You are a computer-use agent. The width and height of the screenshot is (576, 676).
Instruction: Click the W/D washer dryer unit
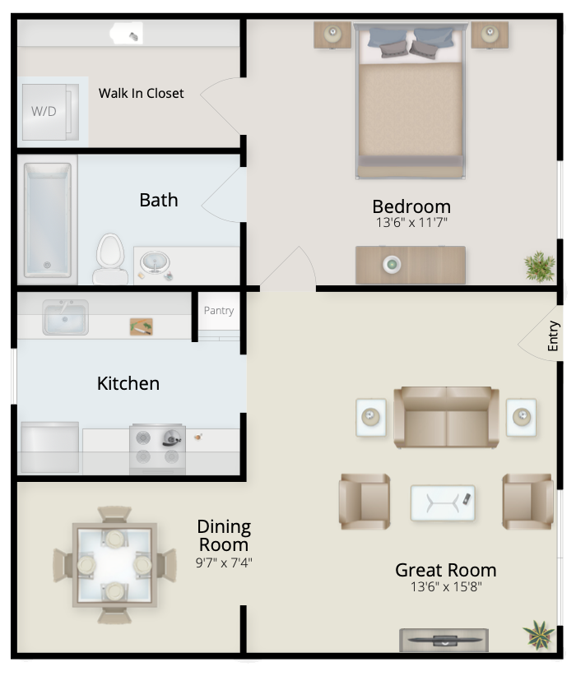(50, 112)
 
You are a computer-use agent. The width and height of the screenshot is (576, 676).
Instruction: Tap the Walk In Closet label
(141, 93)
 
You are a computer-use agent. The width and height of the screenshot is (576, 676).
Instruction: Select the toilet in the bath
(110, 259)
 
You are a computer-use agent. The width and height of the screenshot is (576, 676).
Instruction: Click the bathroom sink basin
(155, 262)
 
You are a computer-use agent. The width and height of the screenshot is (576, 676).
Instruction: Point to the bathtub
(48, 220)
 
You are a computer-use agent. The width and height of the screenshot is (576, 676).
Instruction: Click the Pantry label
(219, 310)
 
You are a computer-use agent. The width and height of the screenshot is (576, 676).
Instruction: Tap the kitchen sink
(65, 317)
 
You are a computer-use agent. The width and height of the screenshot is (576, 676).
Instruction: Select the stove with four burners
(157, 449)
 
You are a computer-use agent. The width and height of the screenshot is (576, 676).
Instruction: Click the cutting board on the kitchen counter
(141, 326)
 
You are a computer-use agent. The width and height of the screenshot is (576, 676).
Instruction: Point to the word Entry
(553, 336)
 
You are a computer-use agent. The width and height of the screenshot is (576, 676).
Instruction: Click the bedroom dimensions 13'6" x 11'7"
(411, 223)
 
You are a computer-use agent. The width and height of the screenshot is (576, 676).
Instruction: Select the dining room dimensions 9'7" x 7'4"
(224, 563)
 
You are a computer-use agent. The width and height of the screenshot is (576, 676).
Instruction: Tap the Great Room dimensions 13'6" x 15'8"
(446, 586)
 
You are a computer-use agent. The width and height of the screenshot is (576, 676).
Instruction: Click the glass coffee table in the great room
(443, 503)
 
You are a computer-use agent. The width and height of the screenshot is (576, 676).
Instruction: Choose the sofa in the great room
(447, 417)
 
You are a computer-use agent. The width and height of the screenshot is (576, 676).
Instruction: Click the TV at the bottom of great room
(444, 640)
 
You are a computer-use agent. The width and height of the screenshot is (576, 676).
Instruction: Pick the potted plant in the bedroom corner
(539, 266)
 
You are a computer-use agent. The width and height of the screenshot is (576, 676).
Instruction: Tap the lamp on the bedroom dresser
(392, 264)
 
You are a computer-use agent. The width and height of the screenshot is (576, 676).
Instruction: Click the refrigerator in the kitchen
(49, 447)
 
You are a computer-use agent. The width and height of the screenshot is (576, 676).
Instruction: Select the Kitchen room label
(128, 383)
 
